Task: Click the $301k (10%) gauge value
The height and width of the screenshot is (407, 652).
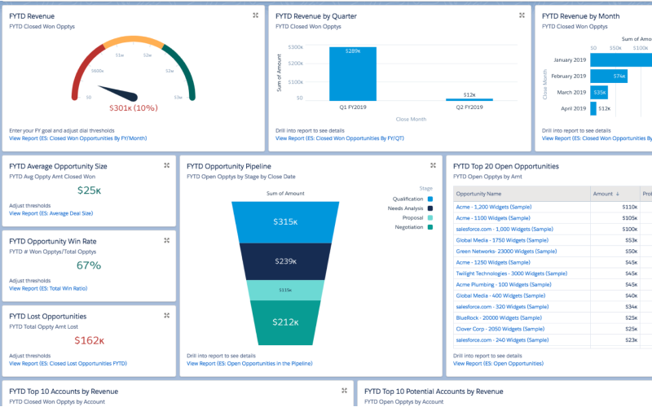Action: (133, 107)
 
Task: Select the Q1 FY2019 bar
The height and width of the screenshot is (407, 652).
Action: (353, 73)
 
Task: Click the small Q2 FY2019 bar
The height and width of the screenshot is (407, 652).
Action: (469, 99)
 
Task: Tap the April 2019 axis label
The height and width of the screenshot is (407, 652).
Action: (570, 108)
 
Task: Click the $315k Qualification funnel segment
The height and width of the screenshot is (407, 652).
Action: (284, 222)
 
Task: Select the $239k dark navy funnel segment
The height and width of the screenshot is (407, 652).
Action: (284, 261)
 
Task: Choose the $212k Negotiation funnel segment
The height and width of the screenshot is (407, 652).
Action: (284, 322)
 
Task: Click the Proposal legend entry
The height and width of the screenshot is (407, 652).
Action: (412, 217)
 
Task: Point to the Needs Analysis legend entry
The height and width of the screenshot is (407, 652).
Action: (405, 208)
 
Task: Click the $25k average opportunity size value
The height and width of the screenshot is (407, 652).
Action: (89, 190)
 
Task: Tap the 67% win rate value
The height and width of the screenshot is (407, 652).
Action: (89, 265)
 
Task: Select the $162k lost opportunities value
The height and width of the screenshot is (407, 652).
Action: (89, 340)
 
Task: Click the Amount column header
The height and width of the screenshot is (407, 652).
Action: (603, 193)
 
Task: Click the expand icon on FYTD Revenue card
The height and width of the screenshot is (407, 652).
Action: (255, 15)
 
